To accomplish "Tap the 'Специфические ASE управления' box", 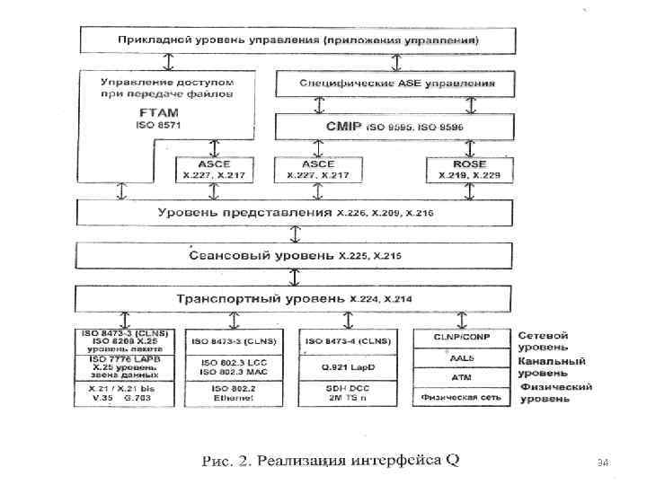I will pos(395,84).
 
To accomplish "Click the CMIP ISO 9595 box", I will pos(395,127).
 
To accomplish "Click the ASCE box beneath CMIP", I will pos(319,170).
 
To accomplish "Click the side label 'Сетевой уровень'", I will pos(542,340).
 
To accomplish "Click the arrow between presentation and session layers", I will pos(296,234).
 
